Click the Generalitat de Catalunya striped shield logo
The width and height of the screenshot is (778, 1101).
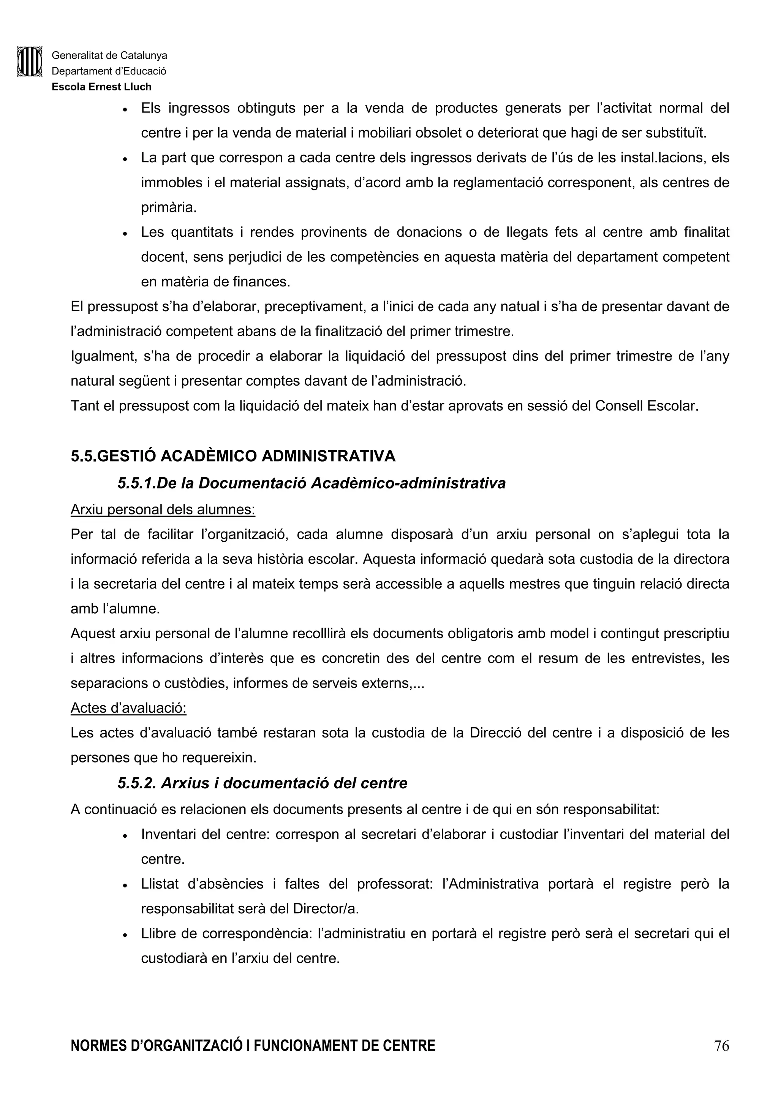point(30,62)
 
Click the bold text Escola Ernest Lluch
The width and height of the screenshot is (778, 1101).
point(102,87)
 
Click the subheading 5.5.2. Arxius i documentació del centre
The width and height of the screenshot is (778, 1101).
point(262,783)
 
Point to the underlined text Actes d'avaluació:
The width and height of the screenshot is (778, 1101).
point(128,708)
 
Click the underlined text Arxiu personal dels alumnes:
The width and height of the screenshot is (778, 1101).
point(163,509)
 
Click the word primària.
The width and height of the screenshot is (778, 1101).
point(169,208)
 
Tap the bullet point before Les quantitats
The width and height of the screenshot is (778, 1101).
point(125,234)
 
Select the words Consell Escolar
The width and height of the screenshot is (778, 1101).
point(647,406)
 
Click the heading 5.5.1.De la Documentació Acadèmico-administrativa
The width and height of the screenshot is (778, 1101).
point(312,483)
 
